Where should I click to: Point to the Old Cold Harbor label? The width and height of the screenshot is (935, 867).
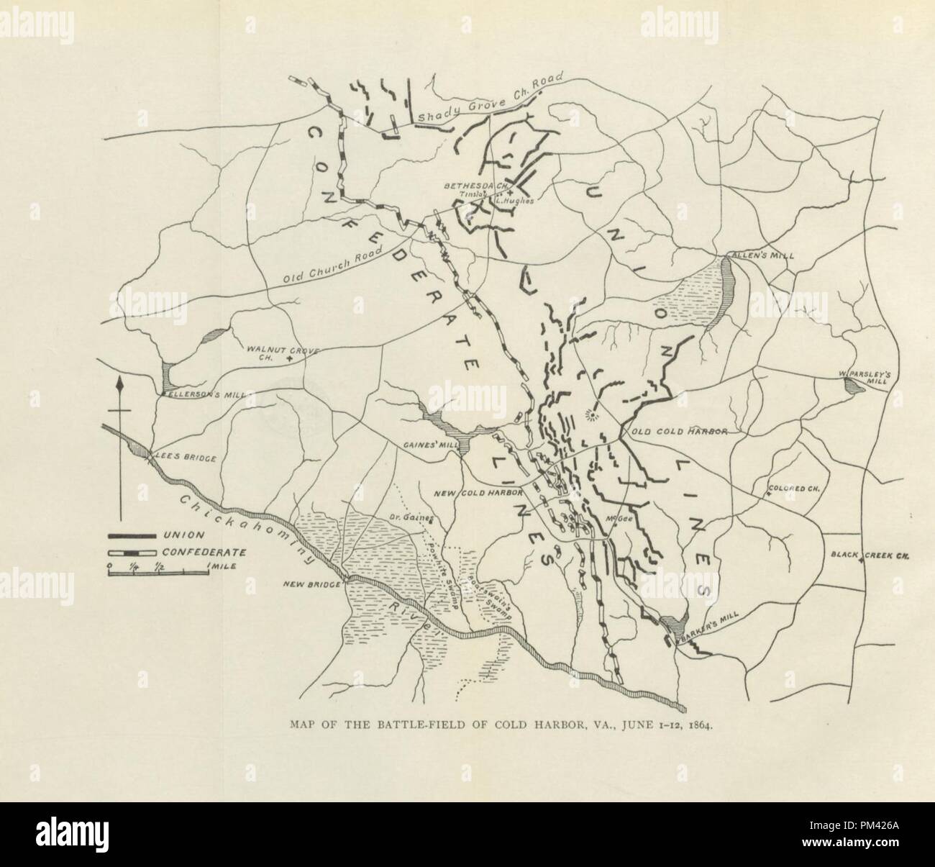pyautogui.click(x=680, y=432)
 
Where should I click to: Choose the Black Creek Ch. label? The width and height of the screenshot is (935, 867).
pyautogui.click(x=861, y=555)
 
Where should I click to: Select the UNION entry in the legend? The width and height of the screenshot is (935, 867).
pyautogui.click(x=183, y=535)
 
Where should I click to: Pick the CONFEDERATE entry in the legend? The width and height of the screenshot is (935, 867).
pyautogui.click(x=204, y=553)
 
